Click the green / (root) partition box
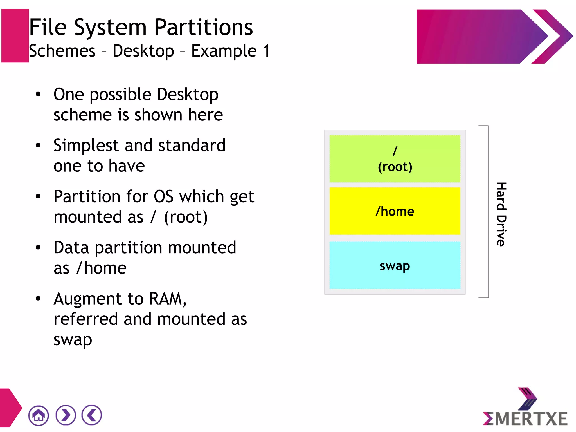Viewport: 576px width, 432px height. pyautogui.click(x=395, y=159)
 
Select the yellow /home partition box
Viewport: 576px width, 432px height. pyautogui.click(x=395, y=211)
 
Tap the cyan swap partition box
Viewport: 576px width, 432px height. pyautogui.click(x=395, y=265)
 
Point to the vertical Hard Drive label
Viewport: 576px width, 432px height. pyautogui.click(x=501, y=214)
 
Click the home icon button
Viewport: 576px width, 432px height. pyautogui.click(x=39, y=415)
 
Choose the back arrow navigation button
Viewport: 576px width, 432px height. pyautogui.click(x=92, y=415)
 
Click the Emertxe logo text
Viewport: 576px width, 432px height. pyautogui.click(x=525, y=419)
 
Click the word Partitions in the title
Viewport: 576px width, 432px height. pyautogui.click(x=204, y=28)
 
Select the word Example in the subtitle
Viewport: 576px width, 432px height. pyautogui.click(x=224, y=51)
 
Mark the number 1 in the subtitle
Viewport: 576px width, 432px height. pyautogui.click(x=266, y=51)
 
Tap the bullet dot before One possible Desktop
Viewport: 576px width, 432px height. pyautogui.click(x=38, y=94)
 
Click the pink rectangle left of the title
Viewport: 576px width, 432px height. pyautogui.click(x=15, y=36)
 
